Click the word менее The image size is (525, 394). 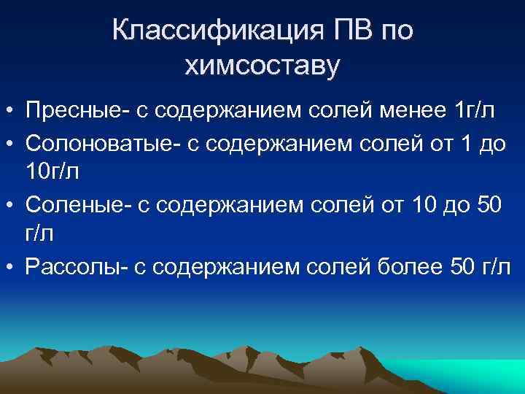(409, 111)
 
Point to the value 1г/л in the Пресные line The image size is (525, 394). (474, 111)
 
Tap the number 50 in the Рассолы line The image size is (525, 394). (462, 267)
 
